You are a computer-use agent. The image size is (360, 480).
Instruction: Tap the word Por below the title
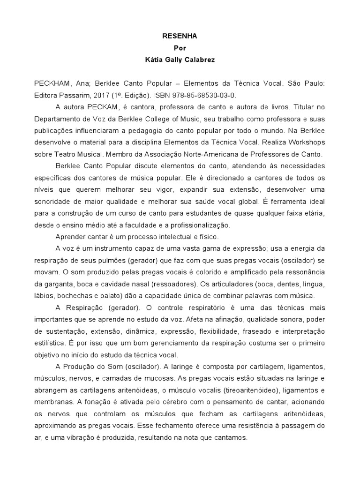180,47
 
